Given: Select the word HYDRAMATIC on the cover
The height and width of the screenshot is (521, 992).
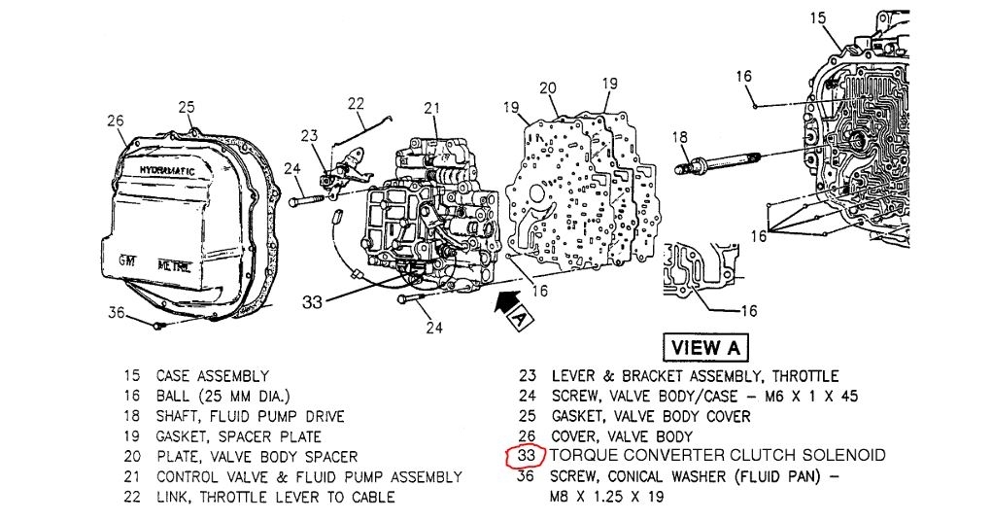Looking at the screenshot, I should point(166,171).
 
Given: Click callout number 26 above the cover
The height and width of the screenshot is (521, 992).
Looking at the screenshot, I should point(116,122).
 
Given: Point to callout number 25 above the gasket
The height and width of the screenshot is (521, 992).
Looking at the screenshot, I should point(187,106).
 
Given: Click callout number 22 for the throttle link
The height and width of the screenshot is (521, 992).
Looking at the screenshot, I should point(356,102).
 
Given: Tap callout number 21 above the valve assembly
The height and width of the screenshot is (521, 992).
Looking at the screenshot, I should point(431,107).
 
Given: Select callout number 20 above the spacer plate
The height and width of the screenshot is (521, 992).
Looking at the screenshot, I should point(548,88).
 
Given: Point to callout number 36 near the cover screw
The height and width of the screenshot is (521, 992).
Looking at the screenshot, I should point(117,312).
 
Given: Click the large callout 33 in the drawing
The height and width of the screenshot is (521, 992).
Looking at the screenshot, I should point(312,302).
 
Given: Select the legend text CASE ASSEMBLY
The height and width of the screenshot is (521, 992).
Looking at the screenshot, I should point(213,375).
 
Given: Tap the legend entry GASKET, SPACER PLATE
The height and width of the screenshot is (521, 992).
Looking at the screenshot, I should point(238,436).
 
